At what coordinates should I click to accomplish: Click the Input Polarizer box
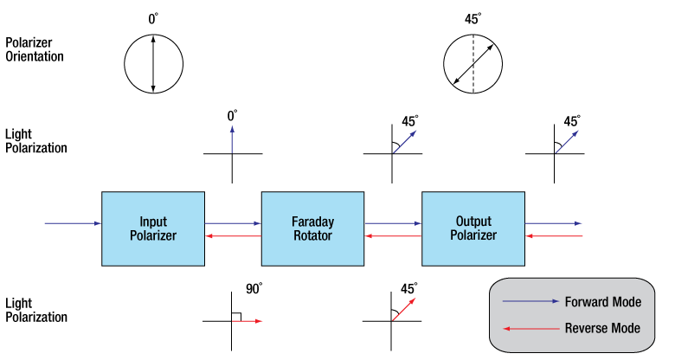(152, 228)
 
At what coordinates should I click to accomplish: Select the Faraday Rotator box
(312, 228)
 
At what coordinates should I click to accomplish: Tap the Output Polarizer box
(472, 228)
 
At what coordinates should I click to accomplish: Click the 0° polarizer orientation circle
(153, 62)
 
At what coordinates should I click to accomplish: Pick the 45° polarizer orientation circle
(472, 63)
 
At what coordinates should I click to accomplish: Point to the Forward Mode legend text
(602, 302)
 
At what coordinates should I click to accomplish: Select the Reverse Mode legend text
(602, 328)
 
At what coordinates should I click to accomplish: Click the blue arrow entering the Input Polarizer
(73, 223)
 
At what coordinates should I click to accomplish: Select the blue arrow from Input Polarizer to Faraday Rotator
(233, 223)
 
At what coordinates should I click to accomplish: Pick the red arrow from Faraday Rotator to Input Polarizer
(233, 235)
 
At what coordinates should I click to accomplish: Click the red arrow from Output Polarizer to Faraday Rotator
(393, 235)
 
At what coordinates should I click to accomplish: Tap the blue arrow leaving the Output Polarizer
(554, 223)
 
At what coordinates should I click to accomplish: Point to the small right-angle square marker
(236, 316)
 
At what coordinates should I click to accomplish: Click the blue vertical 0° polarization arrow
(232, 138)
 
